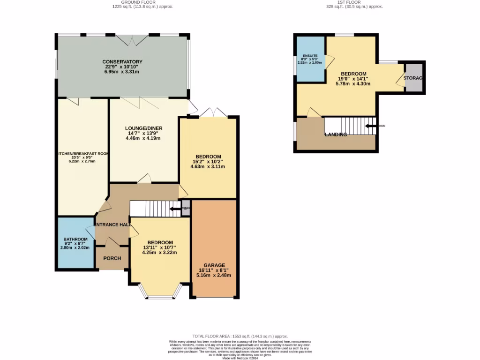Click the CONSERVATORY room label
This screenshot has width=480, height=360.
122,61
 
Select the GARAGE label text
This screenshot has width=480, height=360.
214,265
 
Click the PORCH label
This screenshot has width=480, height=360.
112,258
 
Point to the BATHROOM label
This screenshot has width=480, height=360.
75,239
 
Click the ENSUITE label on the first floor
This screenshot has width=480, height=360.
310,56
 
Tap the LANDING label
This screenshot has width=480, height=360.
336,135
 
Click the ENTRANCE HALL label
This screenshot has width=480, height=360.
112,225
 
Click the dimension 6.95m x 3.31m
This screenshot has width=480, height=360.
122,72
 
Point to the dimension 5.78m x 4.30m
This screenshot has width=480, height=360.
353,84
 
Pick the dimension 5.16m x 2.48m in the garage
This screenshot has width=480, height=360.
214,275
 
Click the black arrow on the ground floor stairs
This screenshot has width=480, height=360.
175,209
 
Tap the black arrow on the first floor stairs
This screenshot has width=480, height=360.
372,126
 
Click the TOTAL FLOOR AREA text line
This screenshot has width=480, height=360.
240,336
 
